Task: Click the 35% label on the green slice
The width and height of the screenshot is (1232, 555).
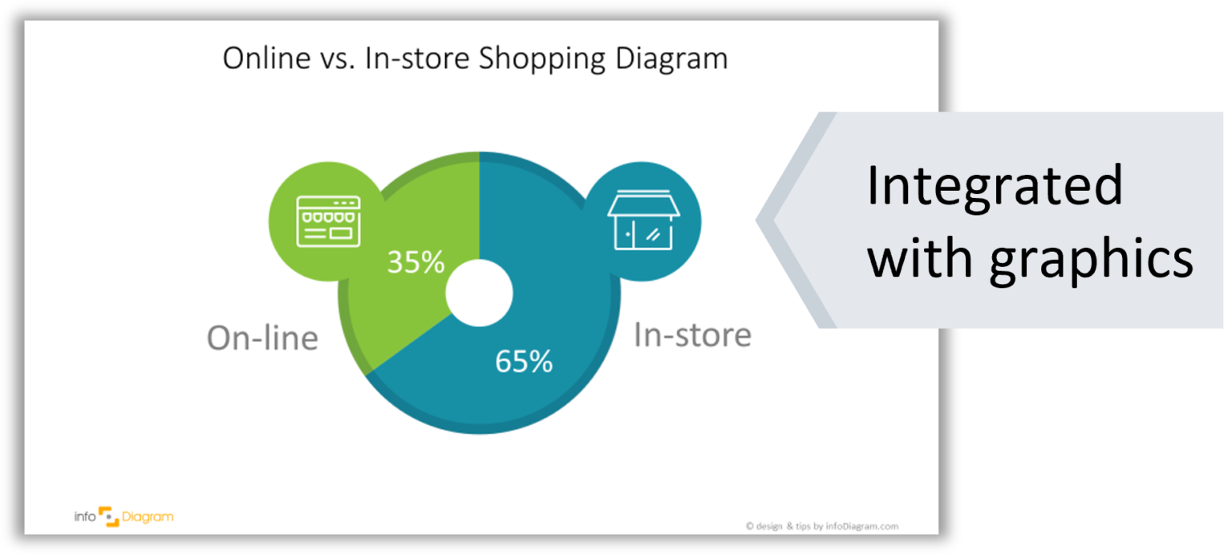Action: (415, 262)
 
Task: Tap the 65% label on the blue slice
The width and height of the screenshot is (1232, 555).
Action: (524, 362)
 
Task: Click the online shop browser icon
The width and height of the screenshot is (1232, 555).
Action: (328, 221)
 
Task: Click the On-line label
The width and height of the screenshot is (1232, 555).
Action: (262, 338)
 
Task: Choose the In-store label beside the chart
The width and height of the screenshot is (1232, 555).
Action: (692, 334)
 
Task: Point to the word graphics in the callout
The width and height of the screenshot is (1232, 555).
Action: (1092, 259)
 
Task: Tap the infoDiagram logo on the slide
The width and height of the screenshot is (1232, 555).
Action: (124, 517)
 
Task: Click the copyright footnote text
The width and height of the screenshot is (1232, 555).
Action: (821, 526)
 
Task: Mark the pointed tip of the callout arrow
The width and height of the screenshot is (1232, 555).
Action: (757, 219)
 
